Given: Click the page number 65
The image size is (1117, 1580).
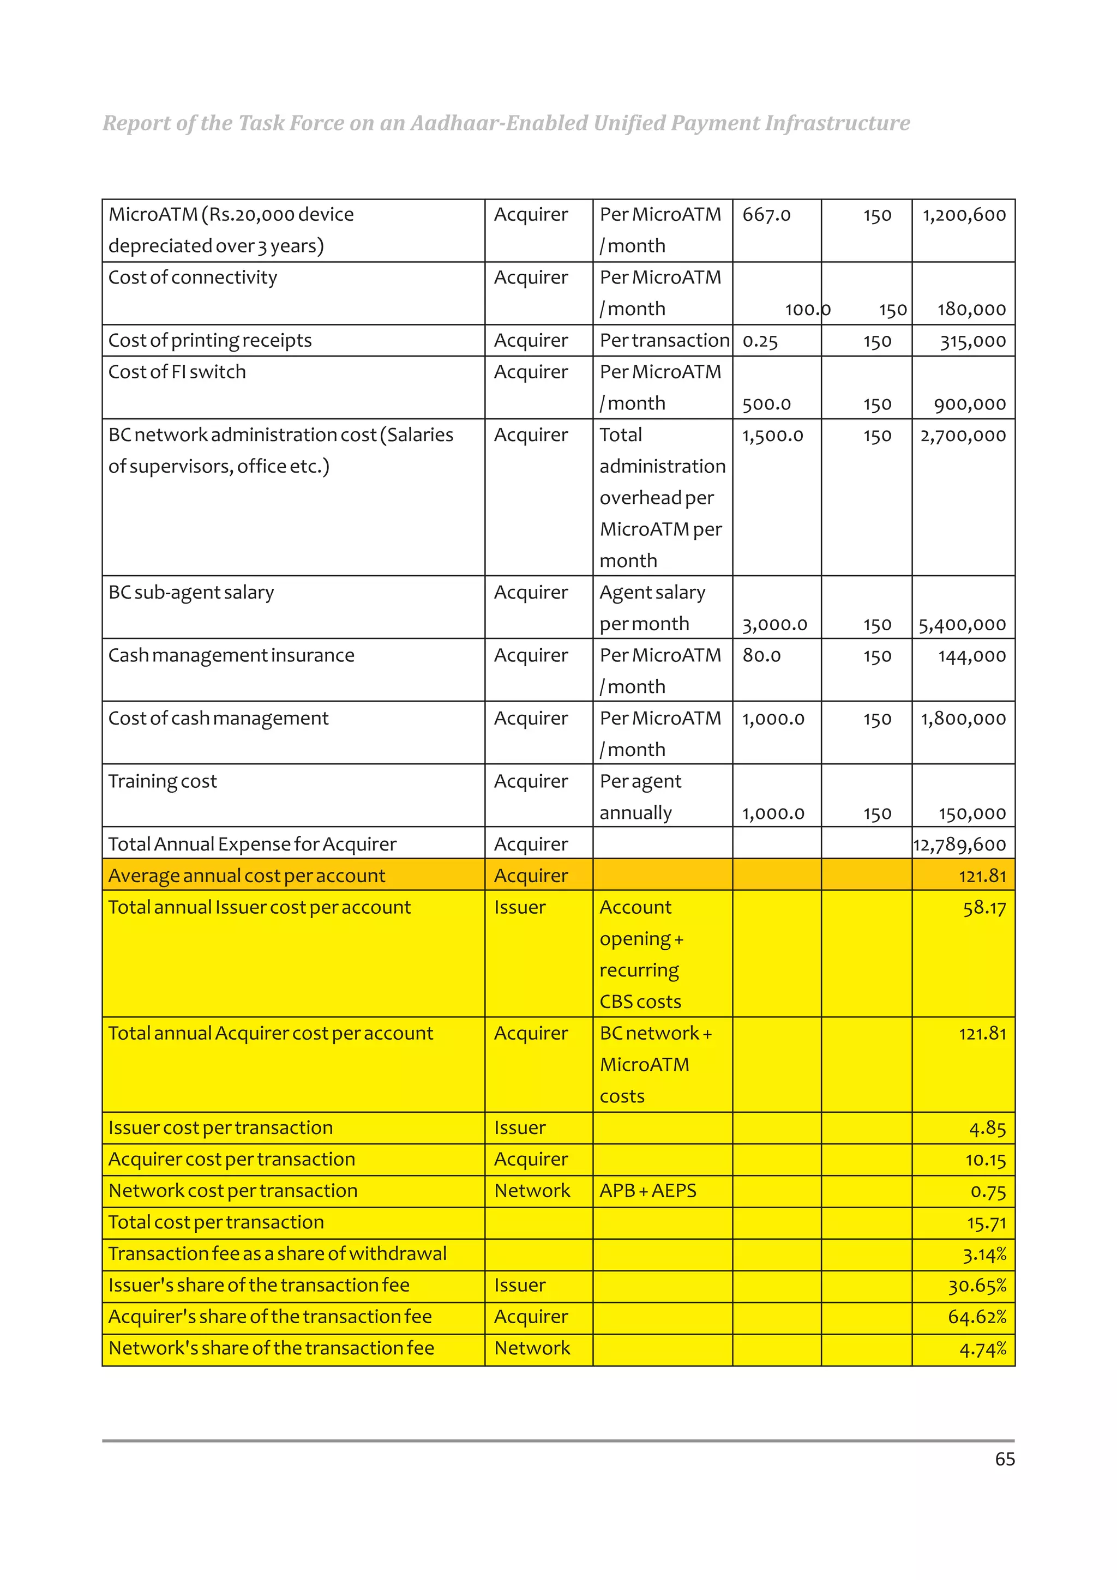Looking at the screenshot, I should [1004, 1459].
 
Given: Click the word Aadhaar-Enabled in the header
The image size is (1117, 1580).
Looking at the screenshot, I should [499, 123].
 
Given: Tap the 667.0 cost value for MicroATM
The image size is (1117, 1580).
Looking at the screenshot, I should [766, 215].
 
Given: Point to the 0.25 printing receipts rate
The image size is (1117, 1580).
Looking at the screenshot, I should [760, 341].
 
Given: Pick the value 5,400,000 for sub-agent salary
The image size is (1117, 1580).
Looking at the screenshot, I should [962, 625].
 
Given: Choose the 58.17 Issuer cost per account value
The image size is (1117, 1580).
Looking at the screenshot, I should [984, 908].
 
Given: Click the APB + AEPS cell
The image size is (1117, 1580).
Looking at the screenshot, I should [647, 1191].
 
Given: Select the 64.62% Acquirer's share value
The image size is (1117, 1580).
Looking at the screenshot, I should [977, 1317].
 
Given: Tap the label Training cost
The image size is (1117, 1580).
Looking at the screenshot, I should [163, 782].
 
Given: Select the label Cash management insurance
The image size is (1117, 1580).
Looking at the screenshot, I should [231, 656].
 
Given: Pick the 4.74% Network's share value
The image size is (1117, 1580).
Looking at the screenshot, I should [983, 1349].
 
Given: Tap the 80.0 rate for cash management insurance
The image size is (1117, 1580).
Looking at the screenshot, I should [761, 656].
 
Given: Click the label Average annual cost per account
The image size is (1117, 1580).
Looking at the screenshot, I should [247, 876].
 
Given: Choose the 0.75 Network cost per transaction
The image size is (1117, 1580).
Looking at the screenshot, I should [988, 1192].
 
